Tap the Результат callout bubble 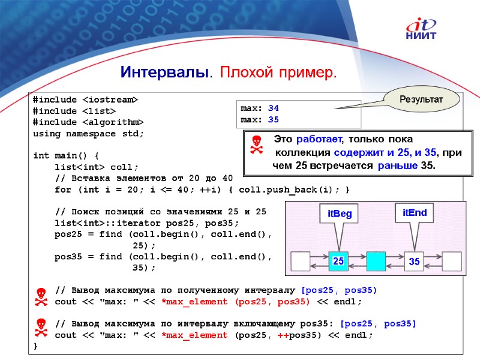(421, 98)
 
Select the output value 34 (274, 109)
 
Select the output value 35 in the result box (274, 119)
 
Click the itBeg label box (340, 214)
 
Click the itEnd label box (415, 212)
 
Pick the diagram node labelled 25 (338, 261)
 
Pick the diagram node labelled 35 (414, 262)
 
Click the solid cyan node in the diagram (376, 261)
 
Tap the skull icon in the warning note (256, 145)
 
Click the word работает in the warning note (318, 140)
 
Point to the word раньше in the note (397, 165)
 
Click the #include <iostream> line (85, 99)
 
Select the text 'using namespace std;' (89, 133)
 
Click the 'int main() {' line (66, 155)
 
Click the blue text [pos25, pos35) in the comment (339, 290)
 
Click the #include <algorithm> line (89, 122)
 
